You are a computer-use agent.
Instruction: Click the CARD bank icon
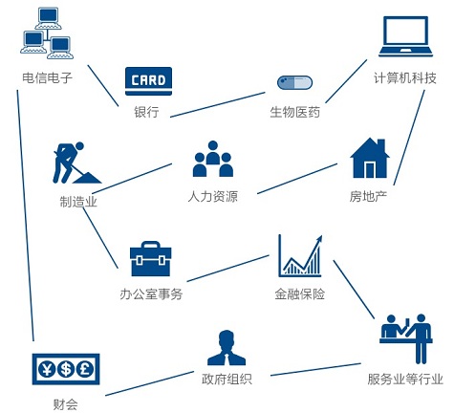click(148, 81)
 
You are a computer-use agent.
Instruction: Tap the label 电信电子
click(48, 78)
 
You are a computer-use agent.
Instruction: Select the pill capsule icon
click(294, 83)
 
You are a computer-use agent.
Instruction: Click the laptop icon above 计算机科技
click(405, 36)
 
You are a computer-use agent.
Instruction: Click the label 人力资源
click(213, 196)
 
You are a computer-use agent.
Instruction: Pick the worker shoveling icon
click(76, 163)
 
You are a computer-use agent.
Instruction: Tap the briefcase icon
click(151, 258)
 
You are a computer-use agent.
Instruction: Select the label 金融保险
click(299, 293)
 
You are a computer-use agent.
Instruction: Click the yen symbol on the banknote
click(47, 369)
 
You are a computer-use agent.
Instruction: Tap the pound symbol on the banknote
click(85, 369)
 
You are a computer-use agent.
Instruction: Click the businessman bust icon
click(227, 348)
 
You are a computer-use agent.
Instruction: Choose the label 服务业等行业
click(405, 380)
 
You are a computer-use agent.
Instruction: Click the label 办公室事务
click(151, 293)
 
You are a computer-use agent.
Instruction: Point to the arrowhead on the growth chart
click(318, 240)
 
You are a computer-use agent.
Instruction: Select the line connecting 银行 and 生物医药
click(218, 105)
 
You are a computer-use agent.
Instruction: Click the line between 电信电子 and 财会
click(25, 216)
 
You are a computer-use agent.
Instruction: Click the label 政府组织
click(227, 380)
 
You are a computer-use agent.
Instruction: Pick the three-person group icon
click(213, 159)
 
